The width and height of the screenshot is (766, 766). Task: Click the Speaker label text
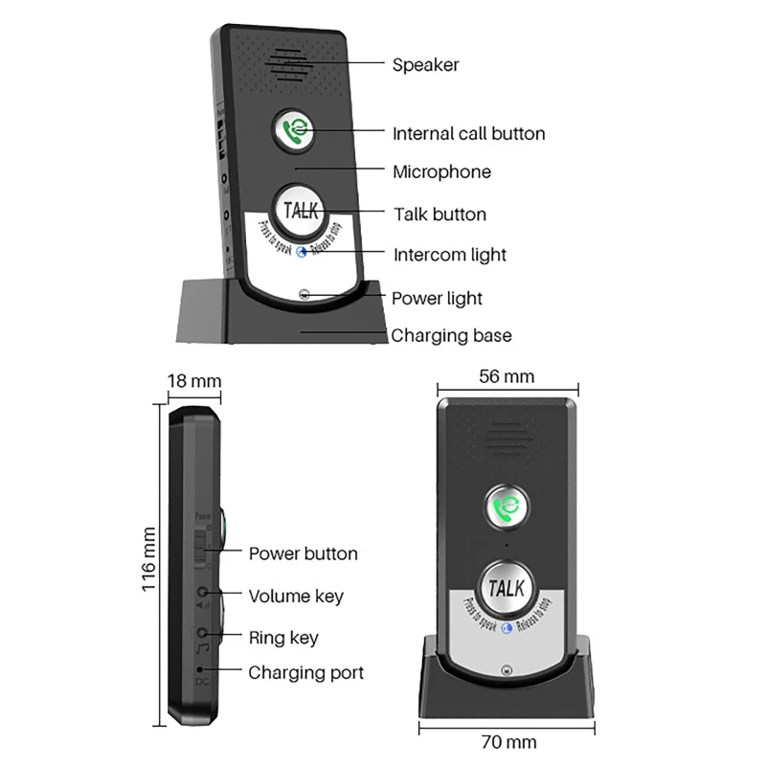click(x=425, y=65)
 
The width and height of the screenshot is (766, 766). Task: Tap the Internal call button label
click(x=468, y=134)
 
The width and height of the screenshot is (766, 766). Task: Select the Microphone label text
click(x=441, y=172)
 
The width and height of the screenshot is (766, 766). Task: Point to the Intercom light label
click(x=450, y=256)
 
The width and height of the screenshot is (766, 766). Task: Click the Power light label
click(x=437, y=299)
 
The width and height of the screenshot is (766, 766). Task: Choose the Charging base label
click(x=451, y=336)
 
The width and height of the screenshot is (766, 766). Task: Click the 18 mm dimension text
click(x=194, y=381)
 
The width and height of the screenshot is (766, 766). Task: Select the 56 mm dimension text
click(x=507, y=376)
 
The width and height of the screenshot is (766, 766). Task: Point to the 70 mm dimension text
click(x=507, y=741)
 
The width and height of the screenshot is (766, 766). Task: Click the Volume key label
click(x=296, y=597)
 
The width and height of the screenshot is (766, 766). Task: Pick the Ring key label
click(x=283, y=638)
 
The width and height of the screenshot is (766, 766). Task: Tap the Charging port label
click(x=306, y=673)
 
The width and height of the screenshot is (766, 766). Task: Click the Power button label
click(x=303, y=553)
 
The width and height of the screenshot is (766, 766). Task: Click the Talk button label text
click(x=439, y=214)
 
